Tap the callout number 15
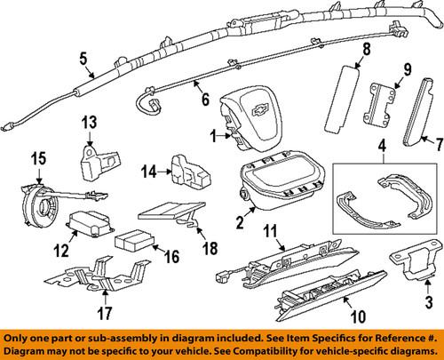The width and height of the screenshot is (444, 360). pyautogui.click(x=36, y=158)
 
